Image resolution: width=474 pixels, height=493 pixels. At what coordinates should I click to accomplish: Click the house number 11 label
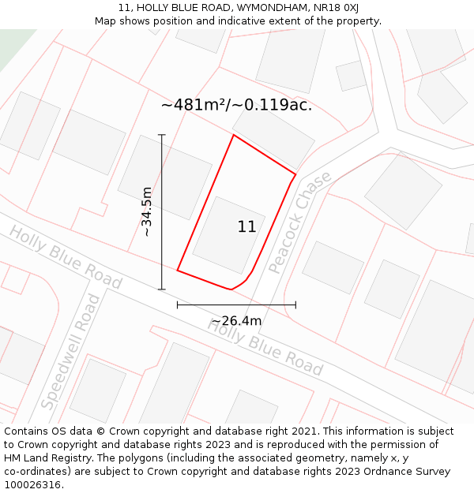(x=246, y=227)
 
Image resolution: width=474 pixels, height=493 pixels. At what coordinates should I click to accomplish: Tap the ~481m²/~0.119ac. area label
(x=236, y=105)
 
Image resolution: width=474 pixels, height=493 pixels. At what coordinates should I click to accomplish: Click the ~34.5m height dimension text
(x=147, y=211)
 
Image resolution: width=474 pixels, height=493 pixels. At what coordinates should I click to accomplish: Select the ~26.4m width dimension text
(x=236, y=321)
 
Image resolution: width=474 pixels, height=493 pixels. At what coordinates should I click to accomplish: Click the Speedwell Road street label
(x=71, y=352)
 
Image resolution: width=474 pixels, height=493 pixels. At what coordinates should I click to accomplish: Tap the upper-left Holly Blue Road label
(x=66, y=257)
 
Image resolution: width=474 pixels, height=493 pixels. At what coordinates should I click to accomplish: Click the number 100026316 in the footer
(x=34, y=485)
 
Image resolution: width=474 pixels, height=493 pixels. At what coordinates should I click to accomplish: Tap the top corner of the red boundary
(x=233, y=135)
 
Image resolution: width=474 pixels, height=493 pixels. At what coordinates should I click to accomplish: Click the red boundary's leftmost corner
(x=177, y=271)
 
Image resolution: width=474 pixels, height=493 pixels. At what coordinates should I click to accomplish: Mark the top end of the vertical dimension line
(x=161, y=135)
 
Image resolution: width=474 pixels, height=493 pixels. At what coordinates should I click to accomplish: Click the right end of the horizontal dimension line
(x=295, y=304)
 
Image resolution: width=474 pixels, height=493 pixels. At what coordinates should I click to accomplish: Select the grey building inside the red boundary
(x=228, y=235)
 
